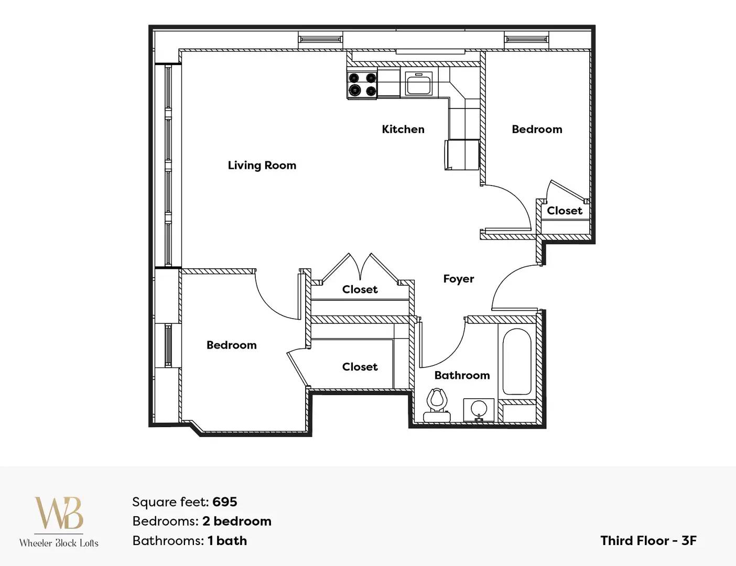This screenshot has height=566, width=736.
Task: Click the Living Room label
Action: pyautogui.click(x=262, y=165)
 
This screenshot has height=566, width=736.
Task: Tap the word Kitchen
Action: pyautogui.click(x=403, y=129)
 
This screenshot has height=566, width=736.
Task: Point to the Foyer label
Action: pyautogui.click(x=459, y=279)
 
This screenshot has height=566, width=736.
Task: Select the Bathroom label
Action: pyautogui.click(x=462, y=375)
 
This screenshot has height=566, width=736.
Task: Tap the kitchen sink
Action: pyautogui.click(x=419, y=83)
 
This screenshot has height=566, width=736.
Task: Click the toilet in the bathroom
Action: pyautogui.click(x=437, y=405)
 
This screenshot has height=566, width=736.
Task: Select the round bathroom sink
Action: pyautogui.click(x=479, y=410)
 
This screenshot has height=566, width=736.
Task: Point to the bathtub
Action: pyautogui.click(x=516, y=361)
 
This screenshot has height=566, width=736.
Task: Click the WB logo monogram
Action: pyautogui.click(x=59, y=513)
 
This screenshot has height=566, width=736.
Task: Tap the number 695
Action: pyautogui.click(x=225, y=502)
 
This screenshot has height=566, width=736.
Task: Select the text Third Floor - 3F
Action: pyautogui.click(x=648, y=541)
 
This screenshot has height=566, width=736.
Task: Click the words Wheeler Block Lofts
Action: pyautogui.click(x=59, y=543)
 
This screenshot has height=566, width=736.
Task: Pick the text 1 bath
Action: pyautogui.click(x=228, y=541)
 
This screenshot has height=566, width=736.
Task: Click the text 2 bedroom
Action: pyautogui.click(x=237, y=521)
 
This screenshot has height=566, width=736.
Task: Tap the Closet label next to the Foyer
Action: pyautogui.click(x=360, y=289)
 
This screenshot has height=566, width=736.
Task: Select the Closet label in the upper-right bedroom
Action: pyautogui.click(x=565, y=211)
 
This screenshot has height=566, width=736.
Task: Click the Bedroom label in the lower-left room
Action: pyautogui.click(x=232, y=345)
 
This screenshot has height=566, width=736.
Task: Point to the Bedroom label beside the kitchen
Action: pyautogui.click(x=537, y=129)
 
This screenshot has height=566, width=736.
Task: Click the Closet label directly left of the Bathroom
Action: pyautogui.click(x=360, y=367)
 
